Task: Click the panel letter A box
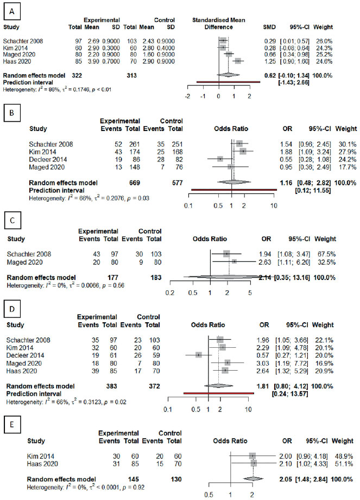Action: click(12, 12)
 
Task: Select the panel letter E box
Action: click(12, 424)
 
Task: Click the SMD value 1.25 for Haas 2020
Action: click(270, 61)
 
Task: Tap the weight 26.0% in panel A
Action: click(324, 41)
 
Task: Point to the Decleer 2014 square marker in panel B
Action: click(220, 159)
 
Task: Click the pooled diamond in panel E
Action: click(253, 479)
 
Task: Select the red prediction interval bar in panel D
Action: click(218, 393)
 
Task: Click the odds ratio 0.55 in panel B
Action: click(287, 159)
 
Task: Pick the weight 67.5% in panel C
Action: click(326, 254)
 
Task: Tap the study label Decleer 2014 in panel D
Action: click(25, 355)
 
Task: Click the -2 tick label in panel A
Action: click(188, 96)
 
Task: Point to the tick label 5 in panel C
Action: click(250, 293)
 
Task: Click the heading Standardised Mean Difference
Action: click(218, 23)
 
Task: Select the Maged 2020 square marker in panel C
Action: click(234, 261)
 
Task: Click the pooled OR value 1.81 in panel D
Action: click(263, 386)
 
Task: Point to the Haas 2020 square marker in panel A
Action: click(238, 61)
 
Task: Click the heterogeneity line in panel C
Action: click(66, 285)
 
